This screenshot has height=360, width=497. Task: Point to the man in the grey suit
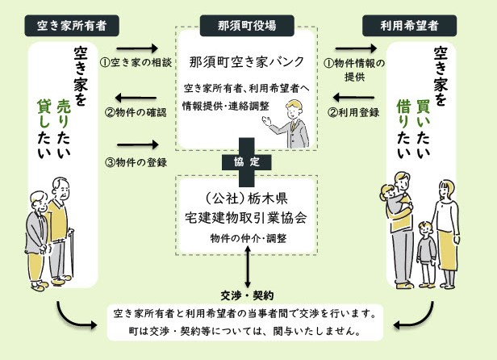(288, 122)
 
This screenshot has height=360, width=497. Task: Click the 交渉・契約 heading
(247, 294)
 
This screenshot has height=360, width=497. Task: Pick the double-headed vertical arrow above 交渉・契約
(247, 267)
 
